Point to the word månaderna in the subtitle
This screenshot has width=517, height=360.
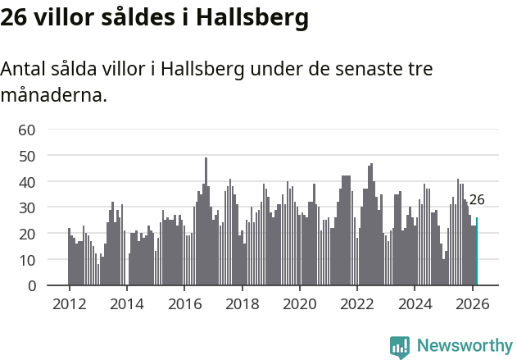53,95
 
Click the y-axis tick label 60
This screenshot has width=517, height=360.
27,129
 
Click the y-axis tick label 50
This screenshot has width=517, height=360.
27,155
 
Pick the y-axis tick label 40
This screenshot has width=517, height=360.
27,181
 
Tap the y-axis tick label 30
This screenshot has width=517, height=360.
27,207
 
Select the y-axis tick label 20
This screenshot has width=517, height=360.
27,234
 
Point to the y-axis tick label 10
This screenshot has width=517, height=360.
27,260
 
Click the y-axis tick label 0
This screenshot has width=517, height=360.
32,285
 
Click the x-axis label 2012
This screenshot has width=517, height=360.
69,303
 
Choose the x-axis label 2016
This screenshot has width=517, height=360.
184,303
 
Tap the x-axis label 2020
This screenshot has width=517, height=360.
300,303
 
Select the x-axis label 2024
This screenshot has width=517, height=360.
415,303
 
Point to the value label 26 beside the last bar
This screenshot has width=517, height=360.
477,199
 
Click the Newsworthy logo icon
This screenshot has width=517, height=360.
400,347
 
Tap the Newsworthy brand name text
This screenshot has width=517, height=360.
465,346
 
